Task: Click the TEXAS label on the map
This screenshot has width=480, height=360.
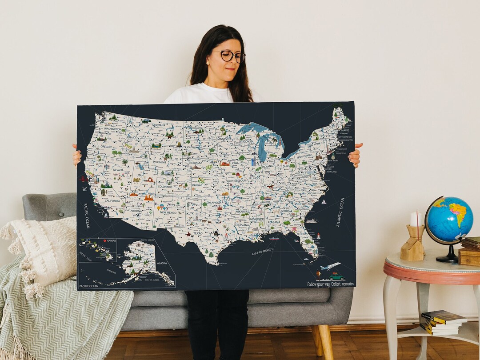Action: [197, 233]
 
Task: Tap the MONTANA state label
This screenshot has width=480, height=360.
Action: [159, 125]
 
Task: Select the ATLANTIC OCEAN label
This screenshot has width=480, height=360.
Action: [341, 212]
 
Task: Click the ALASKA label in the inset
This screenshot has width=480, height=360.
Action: [162, 263]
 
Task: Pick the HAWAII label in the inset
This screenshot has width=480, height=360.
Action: [110, 241]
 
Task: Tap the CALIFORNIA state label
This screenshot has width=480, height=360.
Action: [112, 200]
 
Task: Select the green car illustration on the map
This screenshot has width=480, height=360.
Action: [336, 276]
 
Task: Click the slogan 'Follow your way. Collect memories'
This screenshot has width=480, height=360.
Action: [330, 284]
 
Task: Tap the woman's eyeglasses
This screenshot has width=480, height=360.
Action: [230, 56]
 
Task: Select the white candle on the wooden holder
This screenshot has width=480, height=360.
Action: [416, 219]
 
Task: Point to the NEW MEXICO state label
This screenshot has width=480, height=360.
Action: [168, 212]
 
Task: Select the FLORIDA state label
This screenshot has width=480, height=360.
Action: [302, 233]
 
